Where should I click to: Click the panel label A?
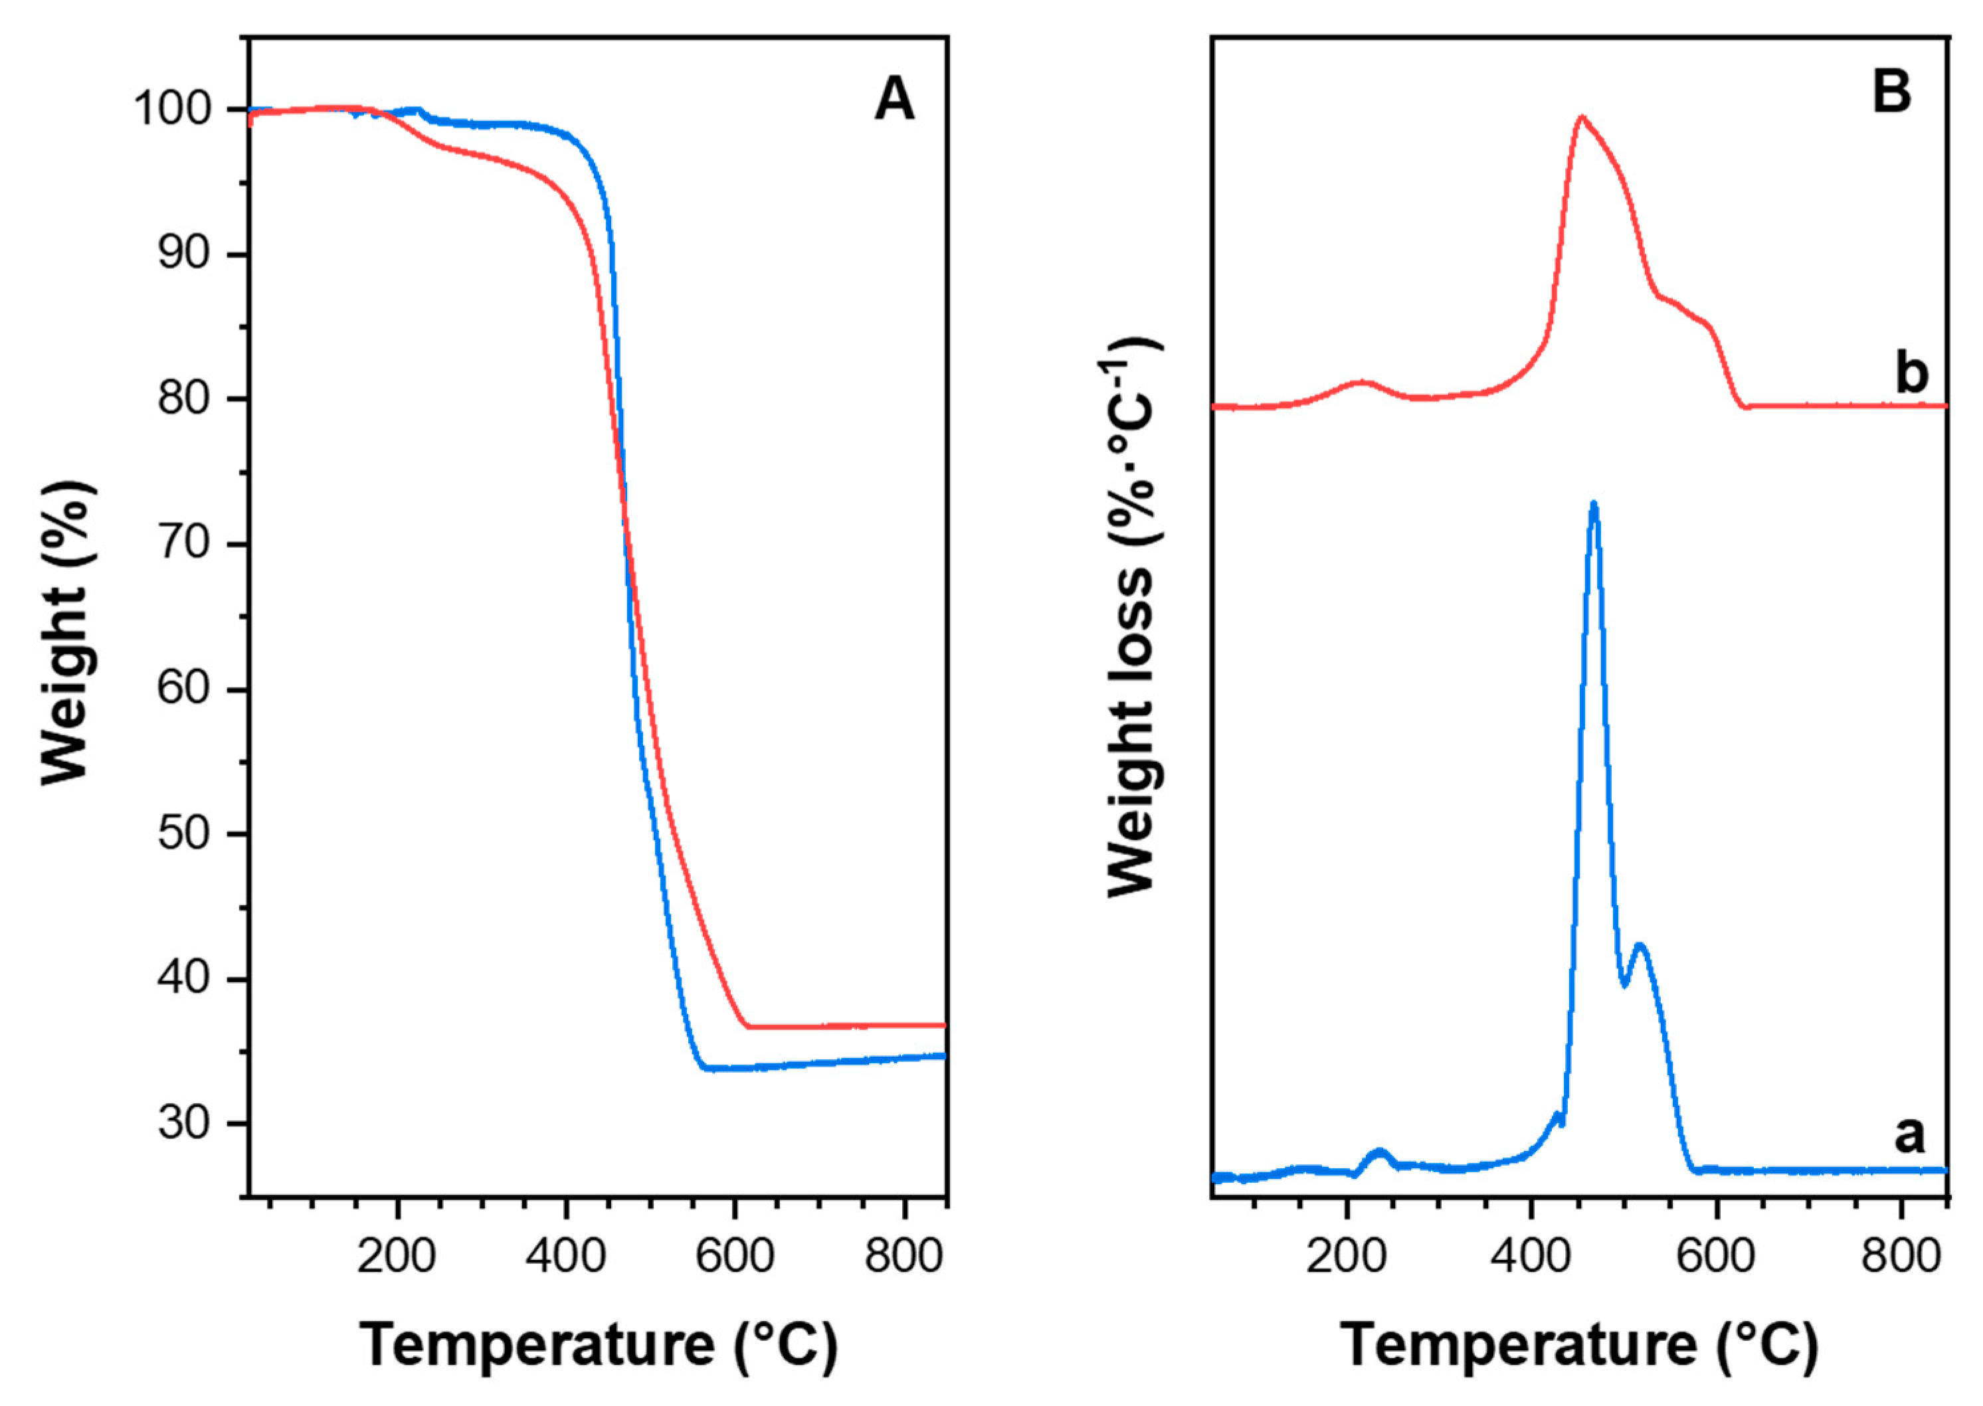coord(894,100)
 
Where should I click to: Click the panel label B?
coord(1891,91)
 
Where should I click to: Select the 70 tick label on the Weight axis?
coord(183,545)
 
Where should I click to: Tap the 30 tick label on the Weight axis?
coord(183,1124)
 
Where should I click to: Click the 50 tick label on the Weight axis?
coord(183,834)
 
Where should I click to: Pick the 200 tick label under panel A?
coord(397,1255)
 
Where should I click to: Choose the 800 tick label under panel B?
coord(1901,1255)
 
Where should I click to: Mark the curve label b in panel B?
coord(1912,373)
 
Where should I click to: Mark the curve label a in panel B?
coord(1909,1134)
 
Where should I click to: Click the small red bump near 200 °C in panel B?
coord(1361,382)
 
